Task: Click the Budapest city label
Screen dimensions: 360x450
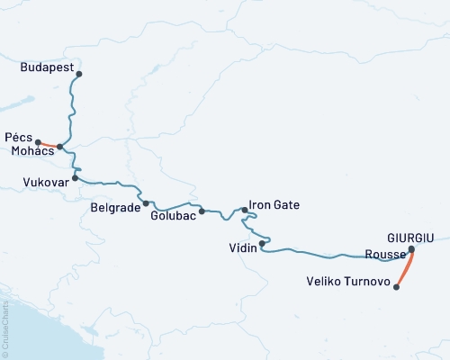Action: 45,67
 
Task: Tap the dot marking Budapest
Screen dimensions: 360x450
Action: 79,74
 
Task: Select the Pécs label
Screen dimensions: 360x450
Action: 18,139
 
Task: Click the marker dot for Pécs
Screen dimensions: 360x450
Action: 38,140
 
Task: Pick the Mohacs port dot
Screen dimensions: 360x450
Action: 59,147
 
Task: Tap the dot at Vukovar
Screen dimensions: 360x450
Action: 76,177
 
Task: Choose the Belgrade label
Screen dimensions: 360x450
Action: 115,207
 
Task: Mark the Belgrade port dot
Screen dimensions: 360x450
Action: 146,203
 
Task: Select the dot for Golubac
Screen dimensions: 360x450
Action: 202,211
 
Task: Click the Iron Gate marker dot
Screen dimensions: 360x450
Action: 245,210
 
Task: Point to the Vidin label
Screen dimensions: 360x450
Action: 243,248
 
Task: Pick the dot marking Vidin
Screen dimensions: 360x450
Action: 262,243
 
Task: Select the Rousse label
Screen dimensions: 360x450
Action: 384,254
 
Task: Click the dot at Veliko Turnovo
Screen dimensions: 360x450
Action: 397,287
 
